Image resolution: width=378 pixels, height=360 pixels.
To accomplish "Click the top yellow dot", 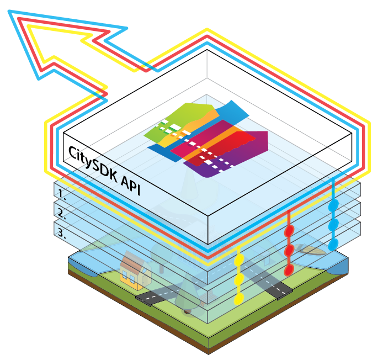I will (239, 259).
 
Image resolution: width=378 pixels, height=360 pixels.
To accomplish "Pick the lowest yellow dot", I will (239, 299).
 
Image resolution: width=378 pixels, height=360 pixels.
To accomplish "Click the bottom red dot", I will (288, 270).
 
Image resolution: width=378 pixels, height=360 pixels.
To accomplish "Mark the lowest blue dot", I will (333, 244).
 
